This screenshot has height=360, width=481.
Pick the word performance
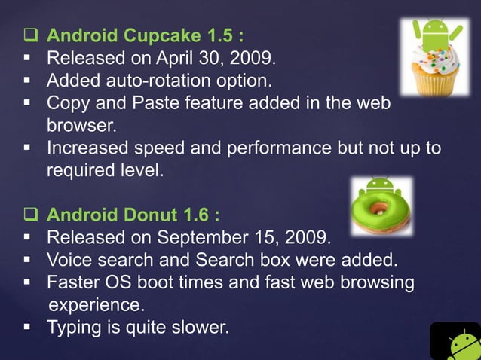point(281,148)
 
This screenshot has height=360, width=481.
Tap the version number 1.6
point(197,216)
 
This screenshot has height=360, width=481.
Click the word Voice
point(69,261)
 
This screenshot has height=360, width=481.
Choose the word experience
point(96,306)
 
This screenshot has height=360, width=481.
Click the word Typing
point(72,328)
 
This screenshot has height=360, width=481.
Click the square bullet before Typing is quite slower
point(28,328)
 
